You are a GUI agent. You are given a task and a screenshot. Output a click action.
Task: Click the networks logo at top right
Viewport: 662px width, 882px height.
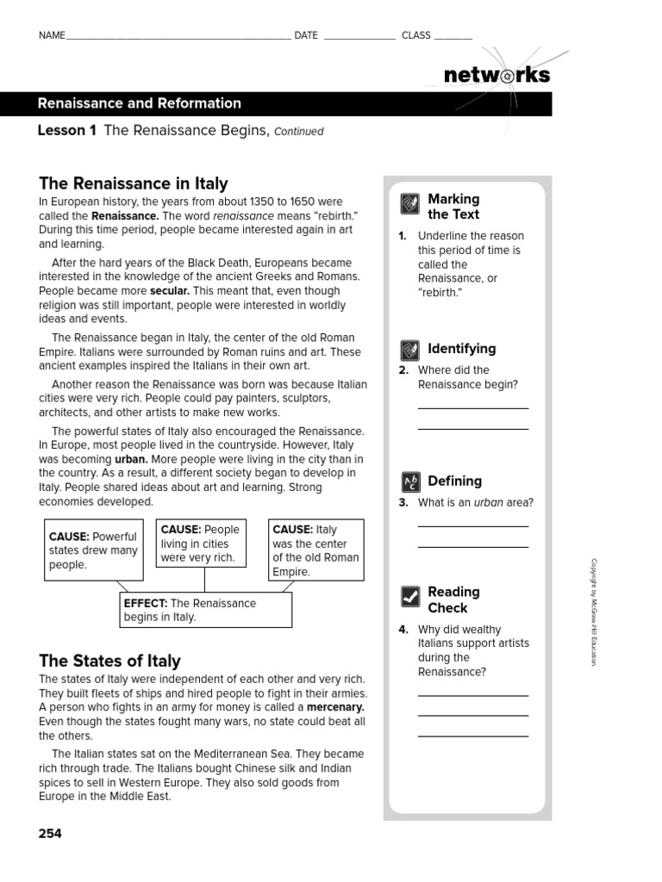click(496, 75)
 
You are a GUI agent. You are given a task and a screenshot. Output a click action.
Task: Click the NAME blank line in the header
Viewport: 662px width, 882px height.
click(178, 37)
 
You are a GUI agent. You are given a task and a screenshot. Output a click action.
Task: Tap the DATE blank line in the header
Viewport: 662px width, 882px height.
click(359, 37)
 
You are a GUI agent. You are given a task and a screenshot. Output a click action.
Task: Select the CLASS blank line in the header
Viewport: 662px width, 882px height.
click(453, 37)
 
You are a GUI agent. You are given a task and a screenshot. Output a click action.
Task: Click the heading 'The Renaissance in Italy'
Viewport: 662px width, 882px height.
click(134, 183)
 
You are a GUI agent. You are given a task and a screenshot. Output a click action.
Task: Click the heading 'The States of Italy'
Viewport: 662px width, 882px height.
click(109, 661)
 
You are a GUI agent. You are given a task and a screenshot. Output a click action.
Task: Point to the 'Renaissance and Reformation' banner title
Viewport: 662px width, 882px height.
click(140, 103)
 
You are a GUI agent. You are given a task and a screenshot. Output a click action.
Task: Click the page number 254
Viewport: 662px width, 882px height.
click(50, 833)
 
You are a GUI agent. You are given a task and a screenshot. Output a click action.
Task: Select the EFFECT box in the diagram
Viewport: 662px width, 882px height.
click(205, 610)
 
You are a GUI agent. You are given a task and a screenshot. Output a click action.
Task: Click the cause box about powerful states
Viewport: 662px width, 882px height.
click(94, 550)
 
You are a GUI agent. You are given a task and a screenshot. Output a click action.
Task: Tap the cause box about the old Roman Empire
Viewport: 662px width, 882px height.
click(316, 550)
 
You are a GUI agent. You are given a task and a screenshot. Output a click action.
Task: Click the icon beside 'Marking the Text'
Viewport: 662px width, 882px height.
click(410, 205)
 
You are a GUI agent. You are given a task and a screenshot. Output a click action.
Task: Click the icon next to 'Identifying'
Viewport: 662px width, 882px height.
click(410, 350)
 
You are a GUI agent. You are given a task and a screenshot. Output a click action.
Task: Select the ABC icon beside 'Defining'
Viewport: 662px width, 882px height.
click(410, 482)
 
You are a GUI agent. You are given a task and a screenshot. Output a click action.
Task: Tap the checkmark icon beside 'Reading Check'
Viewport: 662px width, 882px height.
click(410, 596)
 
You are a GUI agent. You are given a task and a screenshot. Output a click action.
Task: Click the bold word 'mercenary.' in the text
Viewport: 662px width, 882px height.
click(331, 707)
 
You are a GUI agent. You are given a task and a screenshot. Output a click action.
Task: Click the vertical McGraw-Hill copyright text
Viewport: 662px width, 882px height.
click(593, 612)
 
